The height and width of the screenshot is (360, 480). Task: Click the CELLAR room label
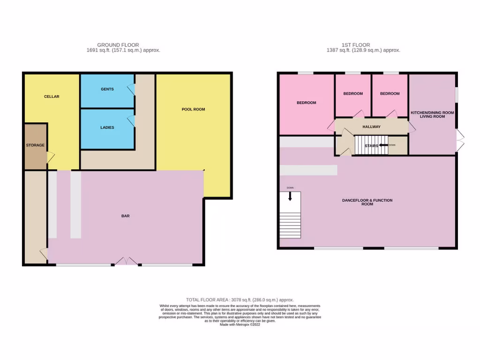click(x=52, y=97)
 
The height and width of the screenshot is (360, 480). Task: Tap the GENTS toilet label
click(x=107, y=89)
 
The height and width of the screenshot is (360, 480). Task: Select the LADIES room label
click(x=107, y=127)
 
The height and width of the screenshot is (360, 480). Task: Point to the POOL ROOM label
click(x=193, y=109)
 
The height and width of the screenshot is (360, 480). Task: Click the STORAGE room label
click(x=35, y=145)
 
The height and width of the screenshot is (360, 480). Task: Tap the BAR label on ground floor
click(x=125, y=216)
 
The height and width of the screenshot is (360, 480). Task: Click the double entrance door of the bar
click(x=125, y=262)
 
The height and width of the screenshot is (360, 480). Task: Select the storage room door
click(x=50, y=158)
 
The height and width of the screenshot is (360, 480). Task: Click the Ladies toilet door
click(x=132, y=121)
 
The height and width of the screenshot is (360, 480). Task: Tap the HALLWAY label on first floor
click(x=371, y=127)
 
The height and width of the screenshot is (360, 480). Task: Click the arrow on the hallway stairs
click(x=383, y=145)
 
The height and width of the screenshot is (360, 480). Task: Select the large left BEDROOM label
click(x=306, y=103)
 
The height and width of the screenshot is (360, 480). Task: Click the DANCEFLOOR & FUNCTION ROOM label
click(x=367, y=202)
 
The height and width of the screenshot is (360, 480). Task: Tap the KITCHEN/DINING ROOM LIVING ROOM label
click(x=432, y=114)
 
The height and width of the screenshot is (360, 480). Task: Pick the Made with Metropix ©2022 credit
click(x=240, y=324)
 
